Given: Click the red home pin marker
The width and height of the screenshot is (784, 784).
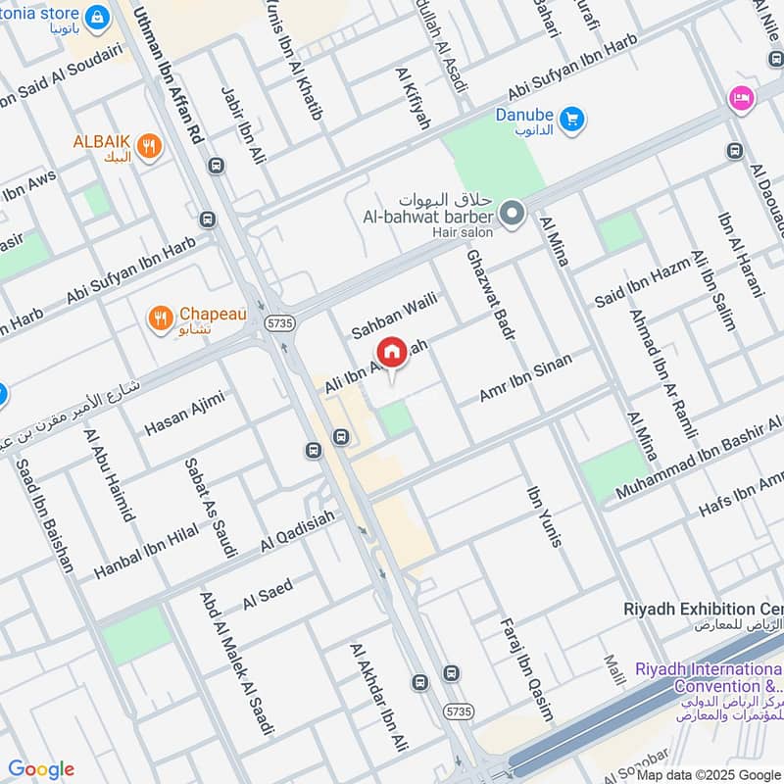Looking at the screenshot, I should pos(392,353).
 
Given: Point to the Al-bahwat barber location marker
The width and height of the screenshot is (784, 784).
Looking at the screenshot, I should pos(511,212).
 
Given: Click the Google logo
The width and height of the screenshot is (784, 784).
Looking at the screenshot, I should pos(40,769).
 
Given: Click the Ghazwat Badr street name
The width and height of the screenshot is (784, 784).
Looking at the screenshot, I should pos(490,294).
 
